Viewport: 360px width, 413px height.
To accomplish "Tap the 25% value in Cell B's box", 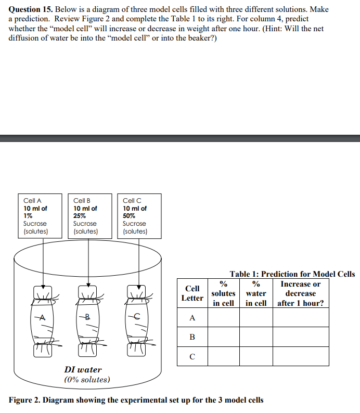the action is [80, 216].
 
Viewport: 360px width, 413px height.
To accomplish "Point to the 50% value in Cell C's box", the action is [129, 216].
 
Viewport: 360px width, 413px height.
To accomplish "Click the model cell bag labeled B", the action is [88, 318].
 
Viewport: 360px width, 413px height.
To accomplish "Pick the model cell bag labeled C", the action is [136, 318].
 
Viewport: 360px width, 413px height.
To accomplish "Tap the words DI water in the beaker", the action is [83, 370].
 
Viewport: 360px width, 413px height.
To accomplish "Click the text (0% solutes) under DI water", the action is [86, 380].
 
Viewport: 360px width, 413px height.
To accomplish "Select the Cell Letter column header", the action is [192, 293].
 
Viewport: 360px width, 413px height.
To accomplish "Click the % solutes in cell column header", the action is [223, 293].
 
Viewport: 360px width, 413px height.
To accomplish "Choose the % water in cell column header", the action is [256, 293].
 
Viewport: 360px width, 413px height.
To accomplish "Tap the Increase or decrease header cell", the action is [301, 293].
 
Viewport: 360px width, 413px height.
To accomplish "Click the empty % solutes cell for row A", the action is [223, 317].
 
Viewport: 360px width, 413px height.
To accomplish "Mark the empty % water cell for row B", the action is [256, 337].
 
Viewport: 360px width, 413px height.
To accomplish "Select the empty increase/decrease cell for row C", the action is [301, 356].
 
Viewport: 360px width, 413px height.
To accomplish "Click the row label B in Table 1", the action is [192, 337].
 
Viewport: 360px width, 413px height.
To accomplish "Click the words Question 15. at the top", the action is [31, 10].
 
